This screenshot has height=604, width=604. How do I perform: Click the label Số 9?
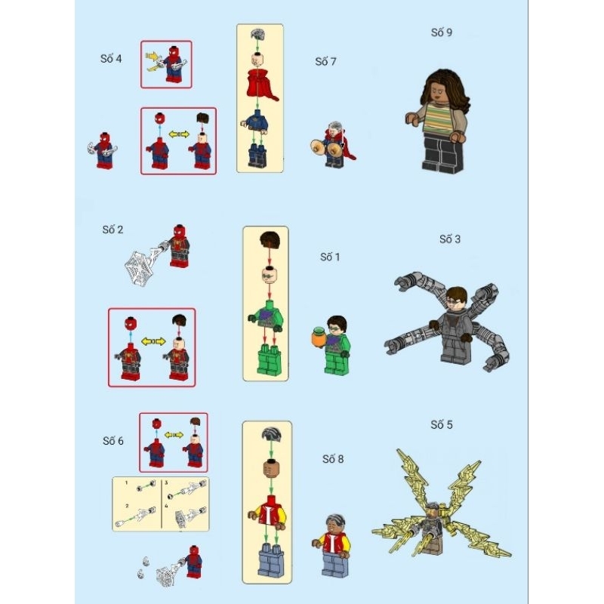point(441,32)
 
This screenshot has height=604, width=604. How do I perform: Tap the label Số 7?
point(326,61)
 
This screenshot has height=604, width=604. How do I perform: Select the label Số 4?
point(110,58)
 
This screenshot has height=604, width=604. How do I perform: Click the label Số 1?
point(331,257)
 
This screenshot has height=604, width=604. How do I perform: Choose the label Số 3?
point(449,239)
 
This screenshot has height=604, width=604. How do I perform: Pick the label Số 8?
point(333,458)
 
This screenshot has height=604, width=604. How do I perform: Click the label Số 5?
point(442,424)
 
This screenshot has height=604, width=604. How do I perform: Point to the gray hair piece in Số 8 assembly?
point(267,433)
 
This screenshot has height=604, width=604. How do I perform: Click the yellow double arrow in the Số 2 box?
point(153,341)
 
